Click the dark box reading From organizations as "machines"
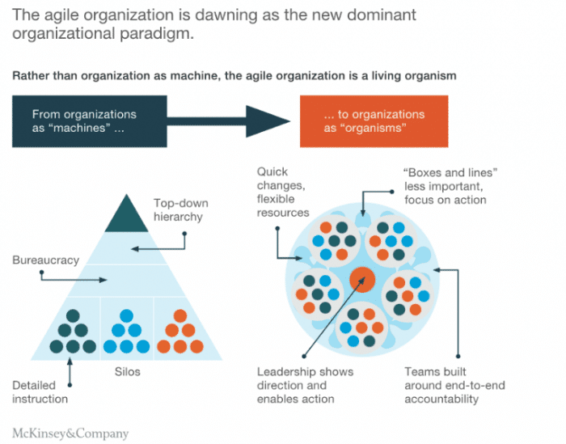tap(89, 122)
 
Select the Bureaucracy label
tap(45, 260)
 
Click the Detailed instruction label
tap(40, 391)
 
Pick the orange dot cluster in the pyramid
tap(176, 332)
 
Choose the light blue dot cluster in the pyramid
tap(123, 332)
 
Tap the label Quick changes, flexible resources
tap(283, 192)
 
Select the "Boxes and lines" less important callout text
tap(444, 185)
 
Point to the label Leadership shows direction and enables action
tap(306, 385)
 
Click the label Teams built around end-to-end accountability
tap(454, 385)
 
